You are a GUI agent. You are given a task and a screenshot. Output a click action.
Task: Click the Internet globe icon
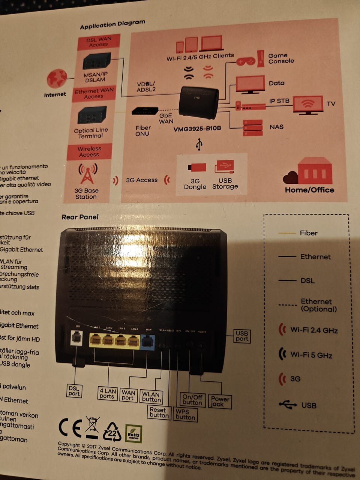57,78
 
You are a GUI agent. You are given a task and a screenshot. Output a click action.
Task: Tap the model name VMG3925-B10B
197,129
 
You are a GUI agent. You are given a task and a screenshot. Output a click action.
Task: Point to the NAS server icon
252,127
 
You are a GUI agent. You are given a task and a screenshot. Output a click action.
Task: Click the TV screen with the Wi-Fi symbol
307,105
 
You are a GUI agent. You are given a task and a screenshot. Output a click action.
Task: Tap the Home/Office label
309,190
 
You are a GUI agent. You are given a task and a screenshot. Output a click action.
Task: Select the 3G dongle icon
196,167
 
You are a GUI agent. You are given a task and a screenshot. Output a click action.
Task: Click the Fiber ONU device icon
145,111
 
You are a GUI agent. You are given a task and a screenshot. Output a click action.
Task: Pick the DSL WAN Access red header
99,42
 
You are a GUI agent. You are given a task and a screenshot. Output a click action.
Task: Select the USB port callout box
242,336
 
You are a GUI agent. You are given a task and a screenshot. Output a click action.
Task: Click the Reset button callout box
159,412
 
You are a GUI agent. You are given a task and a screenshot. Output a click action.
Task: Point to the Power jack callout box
220,401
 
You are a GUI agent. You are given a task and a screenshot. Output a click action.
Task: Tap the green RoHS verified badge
133,434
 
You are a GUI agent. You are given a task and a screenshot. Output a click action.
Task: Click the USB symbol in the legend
288,404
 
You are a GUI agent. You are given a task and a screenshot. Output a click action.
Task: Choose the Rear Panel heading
80,217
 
